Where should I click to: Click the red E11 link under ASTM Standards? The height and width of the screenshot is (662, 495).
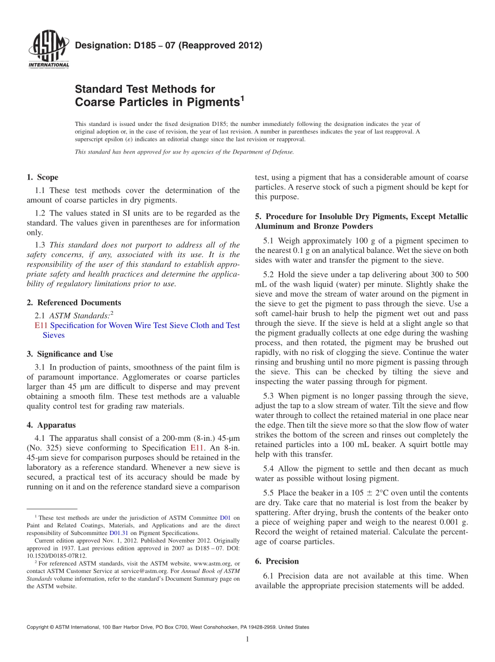coord(41,326)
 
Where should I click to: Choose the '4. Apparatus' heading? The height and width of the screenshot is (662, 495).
coord(51,425)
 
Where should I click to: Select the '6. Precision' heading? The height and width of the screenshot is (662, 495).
coord(277,562)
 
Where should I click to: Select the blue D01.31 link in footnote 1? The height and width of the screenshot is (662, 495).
coord(117,533)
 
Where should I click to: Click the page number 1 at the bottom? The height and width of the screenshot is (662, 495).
coord(247,639)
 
